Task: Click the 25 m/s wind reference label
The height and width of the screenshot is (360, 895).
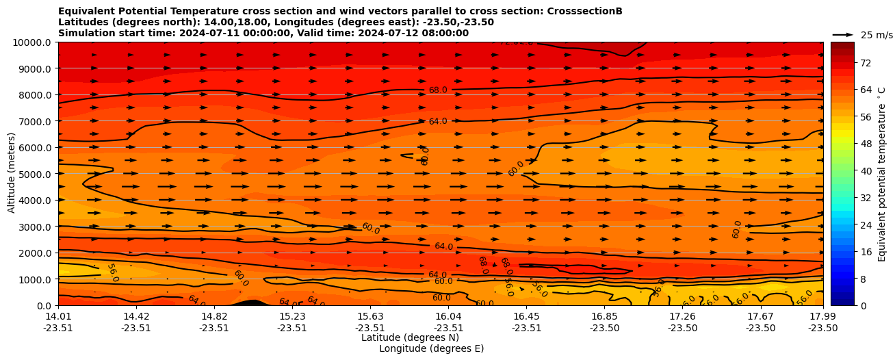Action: pyautogui.click(x=877, y=35)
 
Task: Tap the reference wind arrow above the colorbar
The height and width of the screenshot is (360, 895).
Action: pyautogui.click(x=843, y=34)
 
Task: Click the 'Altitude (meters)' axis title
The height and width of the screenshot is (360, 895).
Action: pyautogui.click(x=12, y=174)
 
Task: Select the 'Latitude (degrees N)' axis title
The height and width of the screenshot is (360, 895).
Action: pyautogui.click(x=410, y=337)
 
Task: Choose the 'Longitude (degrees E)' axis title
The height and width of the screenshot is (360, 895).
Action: pyautogui.click(x=431, y=348)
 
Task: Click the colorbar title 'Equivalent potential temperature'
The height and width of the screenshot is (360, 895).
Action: pyautogui.click(x=882, y=174)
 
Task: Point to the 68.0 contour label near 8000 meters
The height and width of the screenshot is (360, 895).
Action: pyautogui.click(x=438, y=90)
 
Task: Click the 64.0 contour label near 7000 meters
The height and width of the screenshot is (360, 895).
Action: pyautogui.click(x=438, y=122)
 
